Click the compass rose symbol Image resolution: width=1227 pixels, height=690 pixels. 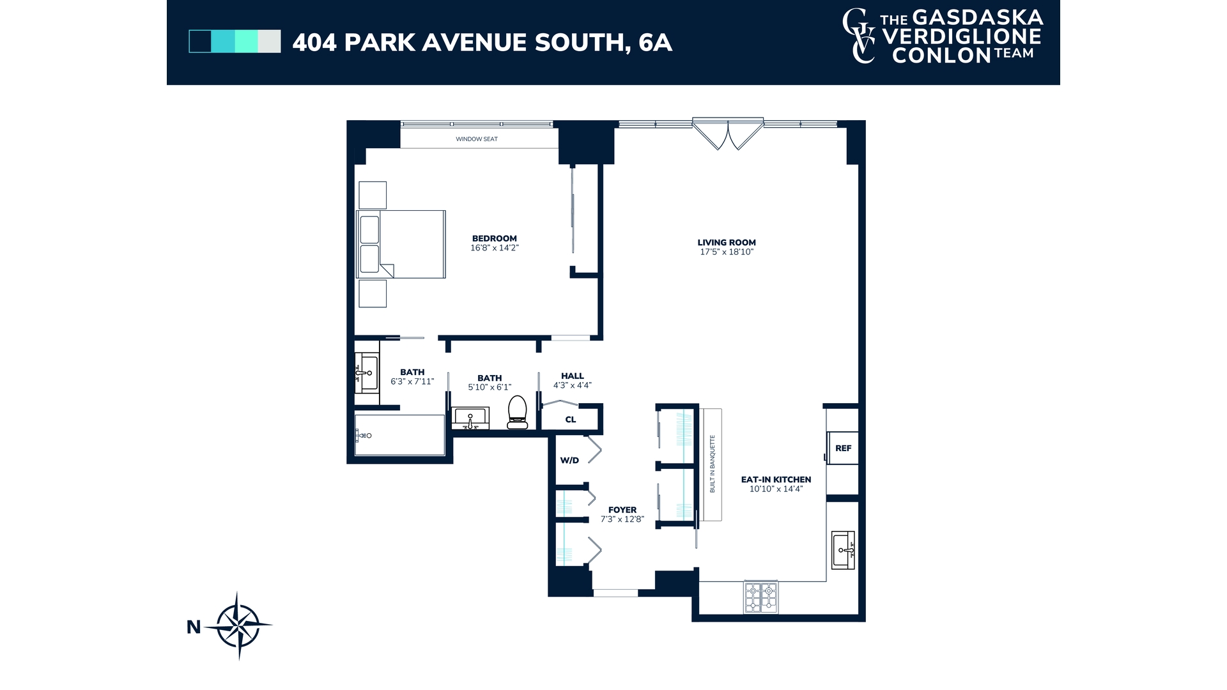(239, 625)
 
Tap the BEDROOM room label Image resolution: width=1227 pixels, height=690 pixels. (494, 238)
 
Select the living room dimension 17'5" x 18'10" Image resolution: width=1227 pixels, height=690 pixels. (727, 252)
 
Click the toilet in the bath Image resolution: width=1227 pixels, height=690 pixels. (517, 412)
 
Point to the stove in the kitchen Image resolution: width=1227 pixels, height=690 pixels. (760, 597)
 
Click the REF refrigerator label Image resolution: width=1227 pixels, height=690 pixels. (843, 448)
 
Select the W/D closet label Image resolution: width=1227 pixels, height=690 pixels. (569, 460)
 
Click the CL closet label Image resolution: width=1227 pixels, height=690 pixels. (571, 420)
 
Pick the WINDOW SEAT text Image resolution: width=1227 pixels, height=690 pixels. (477, 139)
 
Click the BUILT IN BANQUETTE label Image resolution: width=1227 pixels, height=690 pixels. (713, 464)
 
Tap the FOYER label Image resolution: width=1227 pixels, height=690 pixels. (622, 510)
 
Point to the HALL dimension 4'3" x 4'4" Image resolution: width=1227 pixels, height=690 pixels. (572, 385)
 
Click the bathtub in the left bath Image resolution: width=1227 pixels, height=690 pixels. (399, 435)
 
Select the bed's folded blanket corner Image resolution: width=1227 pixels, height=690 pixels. (387, 270)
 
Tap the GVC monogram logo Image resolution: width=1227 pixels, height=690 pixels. (860, 36)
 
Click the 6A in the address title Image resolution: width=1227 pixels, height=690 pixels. (655, 42)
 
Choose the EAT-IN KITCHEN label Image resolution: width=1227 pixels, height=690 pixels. (776, 479)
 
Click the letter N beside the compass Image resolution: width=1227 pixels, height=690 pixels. (194, 627)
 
